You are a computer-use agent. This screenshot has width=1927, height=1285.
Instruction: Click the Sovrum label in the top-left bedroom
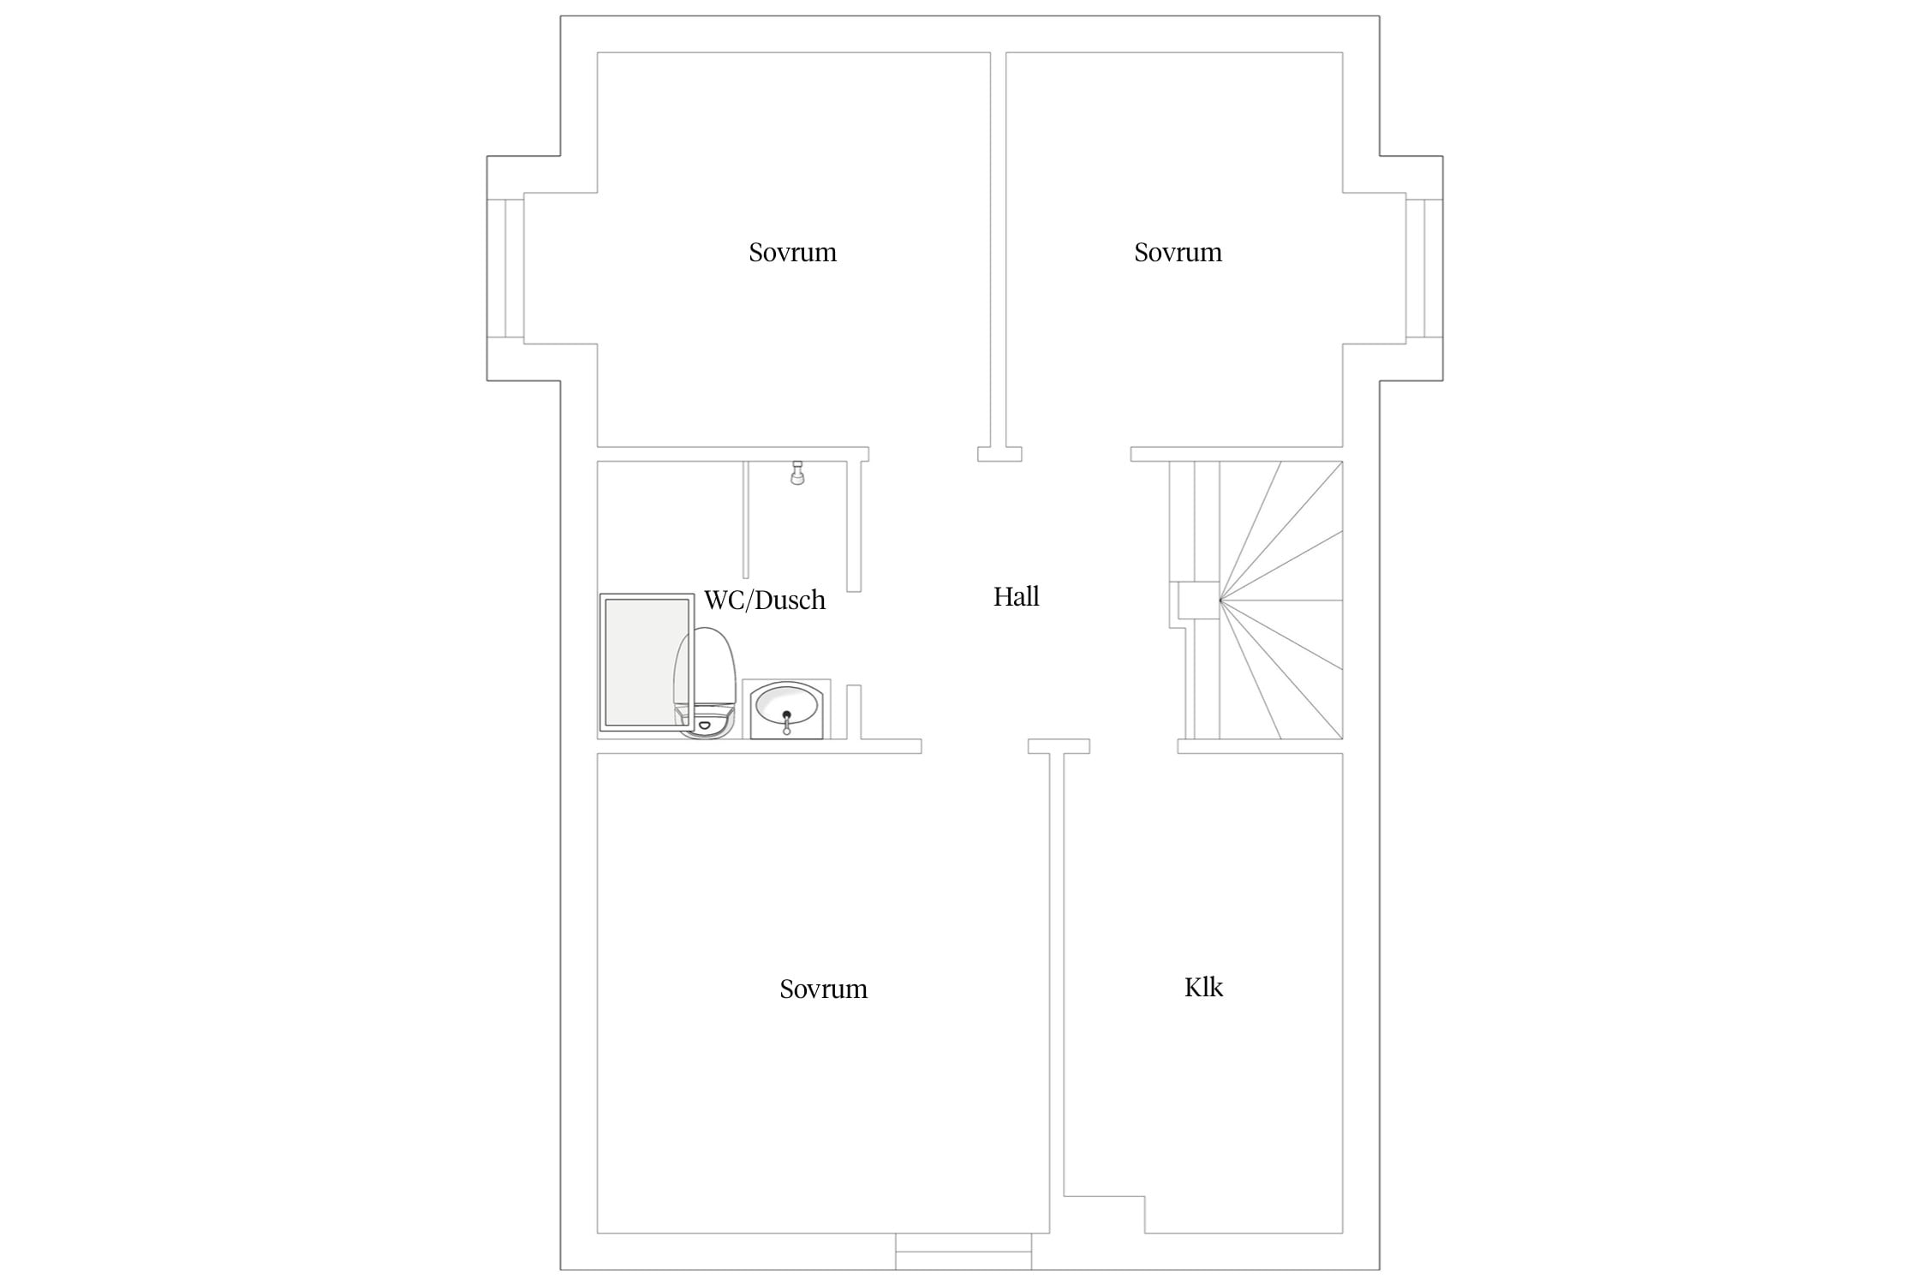[x=792, y=252]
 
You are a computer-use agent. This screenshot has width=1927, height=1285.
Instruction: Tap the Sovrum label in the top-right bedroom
[x=1178, y=252]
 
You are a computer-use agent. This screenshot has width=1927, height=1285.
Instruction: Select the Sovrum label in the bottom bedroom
[x=823, y=989]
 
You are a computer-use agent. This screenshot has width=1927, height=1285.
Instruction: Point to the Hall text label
[x=1016, y=596]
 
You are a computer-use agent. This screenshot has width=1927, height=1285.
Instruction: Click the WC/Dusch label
[x=765, y=600]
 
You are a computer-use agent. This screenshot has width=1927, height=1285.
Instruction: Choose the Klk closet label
[x=1203, y=987]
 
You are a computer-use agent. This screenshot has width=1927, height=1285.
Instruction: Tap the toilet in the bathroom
[x=705, y=682]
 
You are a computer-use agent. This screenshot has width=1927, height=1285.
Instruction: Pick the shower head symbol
[x=797, y=473]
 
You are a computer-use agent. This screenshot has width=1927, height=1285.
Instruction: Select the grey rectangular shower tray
[x=647, y=662]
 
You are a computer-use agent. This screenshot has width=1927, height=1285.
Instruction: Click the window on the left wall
[x=505, y=268]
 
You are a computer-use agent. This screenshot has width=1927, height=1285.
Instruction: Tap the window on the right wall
[x=1424, y=268]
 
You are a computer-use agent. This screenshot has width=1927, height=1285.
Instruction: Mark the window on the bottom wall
[x=963, y=1252]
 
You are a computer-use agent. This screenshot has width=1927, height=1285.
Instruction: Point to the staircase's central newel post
[x=1199, y=600]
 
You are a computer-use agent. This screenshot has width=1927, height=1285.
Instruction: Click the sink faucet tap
[x=786, y=721]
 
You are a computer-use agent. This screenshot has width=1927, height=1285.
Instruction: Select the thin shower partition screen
[x=746, y=519]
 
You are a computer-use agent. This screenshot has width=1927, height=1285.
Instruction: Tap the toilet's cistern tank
[x=706, y=723]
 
